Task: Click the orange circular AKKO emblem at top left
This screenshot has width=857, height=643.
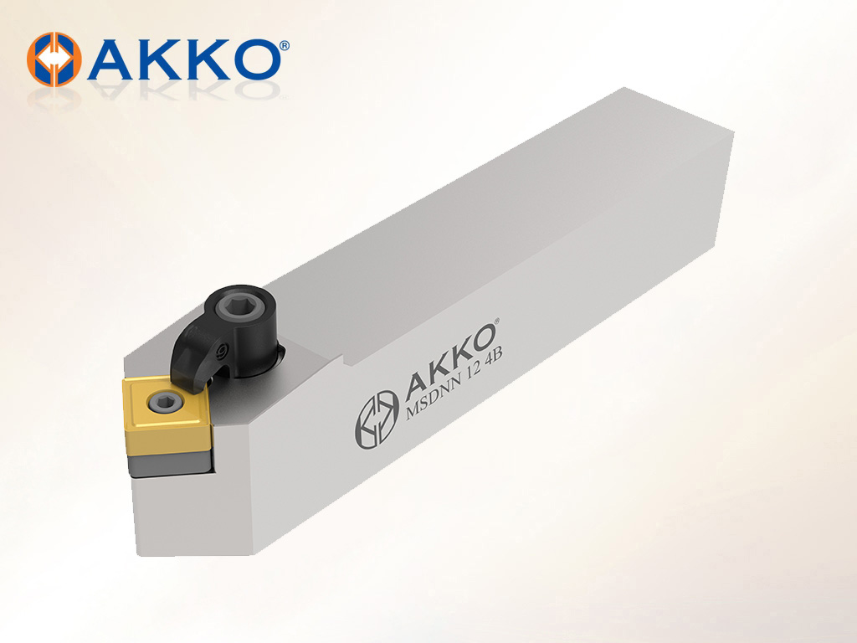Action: pos(54,59)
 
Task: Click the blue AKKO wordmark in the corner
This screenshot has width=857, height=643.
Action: pos(185,59)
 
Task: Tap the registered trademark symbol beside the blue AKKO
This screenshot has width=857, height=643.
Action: pos(285,45)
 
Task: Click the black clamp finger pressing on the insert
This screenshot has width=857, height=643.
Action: pos(188,355)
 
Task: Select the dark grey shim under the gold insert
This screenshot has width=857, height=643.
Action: pos(169,462)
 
